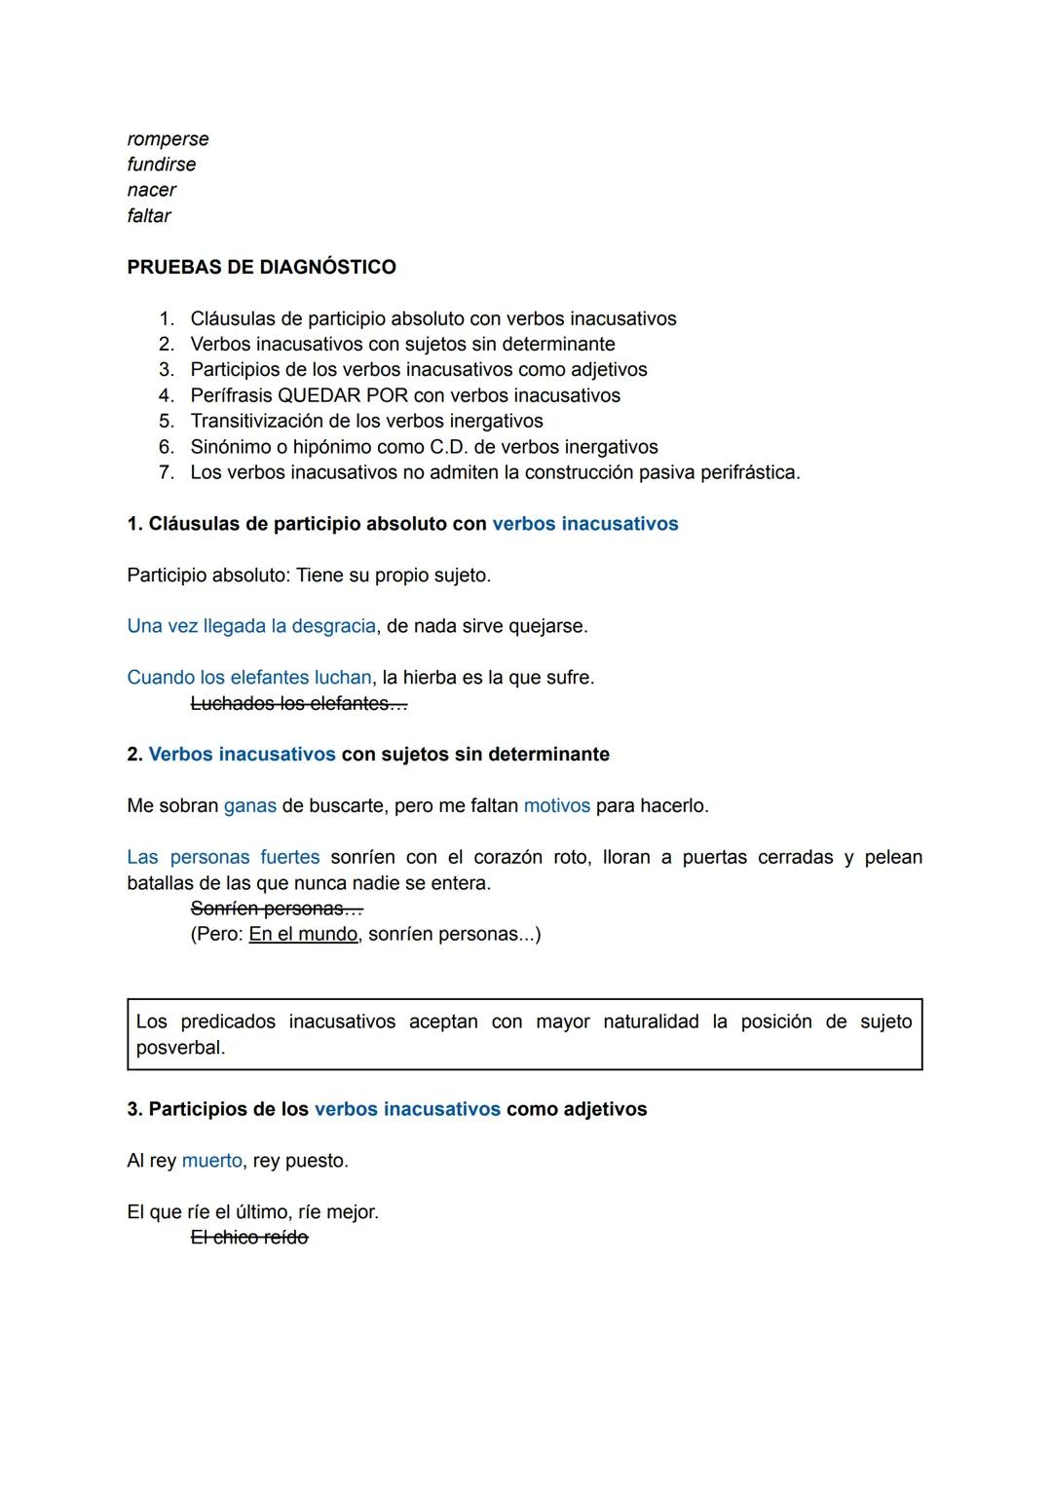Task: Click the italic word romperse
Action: click(168, 139)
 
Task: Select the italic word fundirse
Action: click(162, 165)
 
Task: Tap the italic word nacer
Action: click(152, 190)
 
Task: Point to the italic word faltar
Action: click(149, 215)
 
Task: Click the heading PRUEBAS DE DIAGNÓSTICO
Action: click(261, 267)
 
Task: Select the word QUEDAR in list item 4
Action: click(318, 395)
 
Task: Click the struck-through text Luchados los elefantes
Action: click(298, 703)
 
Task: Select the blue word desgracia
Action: click(334, 626)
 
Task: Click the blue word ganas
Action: click(250, 806)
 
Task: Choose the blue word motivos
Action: click(557, 806)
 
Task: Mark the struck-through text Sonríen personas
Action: click(276, 909)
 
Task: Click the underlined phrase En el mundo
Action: click(303, 934)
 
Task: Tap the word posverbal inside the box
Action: click(180, 1048)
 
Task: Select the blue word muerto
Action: click(212, 1161)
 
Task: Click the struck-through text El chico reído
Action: click(249, 1238)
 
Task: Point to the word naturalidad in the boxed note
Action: click(651, 1021)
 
